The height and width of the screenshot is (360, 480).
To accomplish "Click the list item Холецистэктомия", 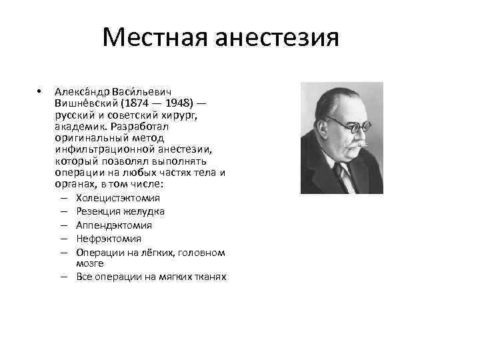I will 118,198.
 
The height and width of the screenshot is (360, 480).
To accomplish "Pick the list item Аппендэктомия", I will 114,225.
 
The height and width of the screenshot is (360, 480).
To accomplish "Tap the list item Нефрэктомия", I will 109,239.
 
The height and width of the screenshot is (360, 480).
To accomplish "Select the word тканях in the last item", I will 211,277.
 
